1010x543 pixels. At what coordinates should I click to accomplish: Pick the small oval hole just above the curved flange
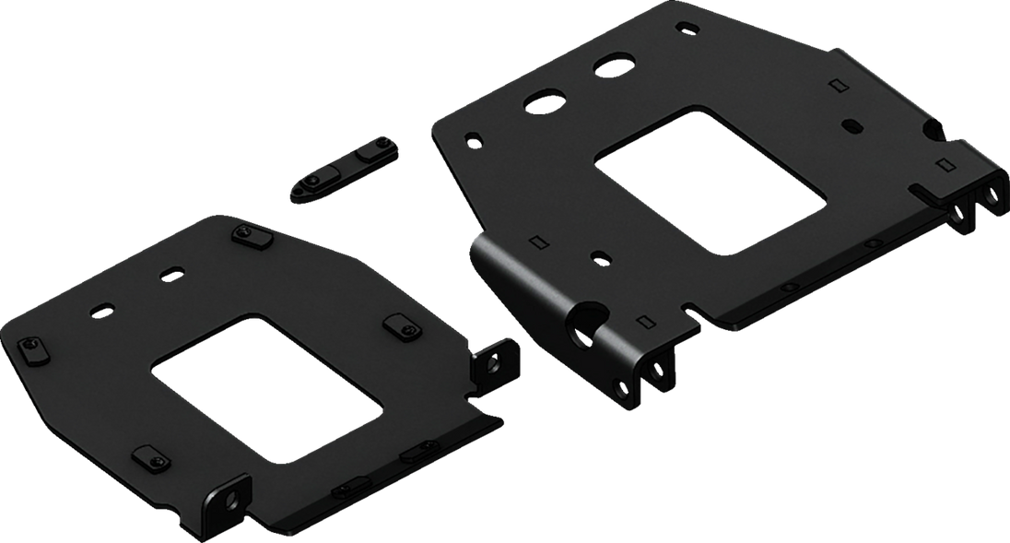tap(599, 255)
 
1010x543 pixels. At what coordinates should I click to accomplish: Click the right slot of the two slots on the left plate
tap(172, 274)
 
